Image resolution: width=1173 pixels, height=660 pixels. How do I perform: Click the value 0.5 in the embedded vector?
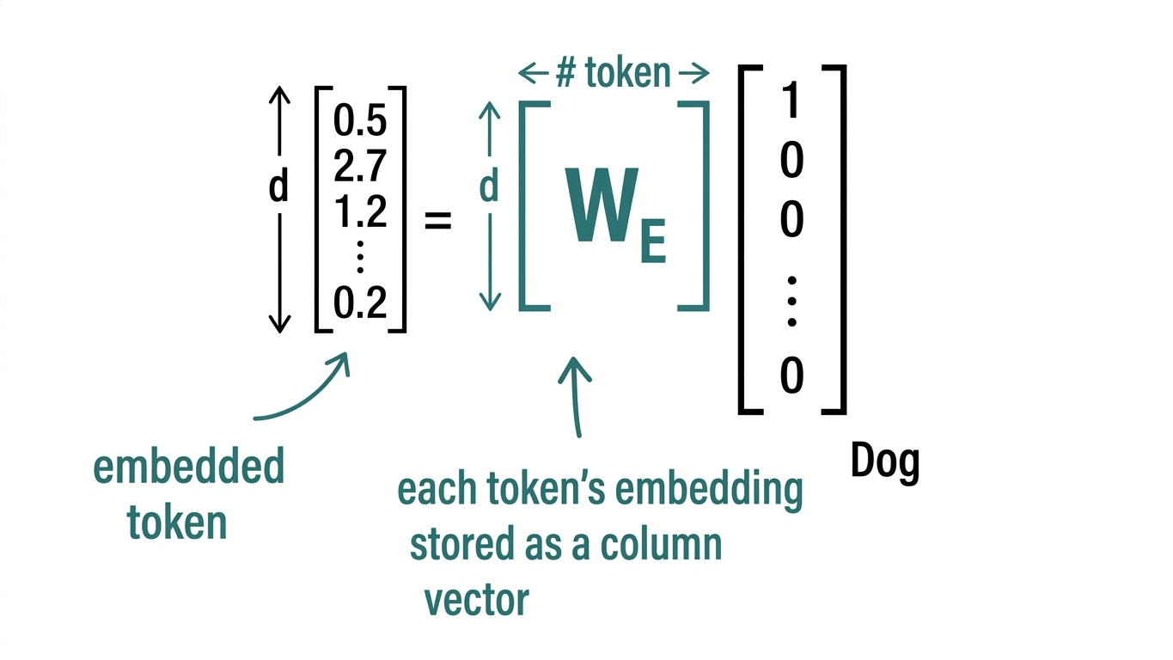(x=361, y=122)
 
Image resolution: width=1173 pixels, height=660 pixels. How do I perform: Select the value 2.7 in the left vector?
(x=361, y=166)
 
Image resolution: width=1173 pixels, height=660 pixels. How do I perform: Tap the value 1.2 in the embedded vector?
(x=361, y=211)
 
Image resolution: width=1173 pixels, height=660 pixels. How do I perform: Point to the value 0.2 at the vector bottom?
(x=361, y=303)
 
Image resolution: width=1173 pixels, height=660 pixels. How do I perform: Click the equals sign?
(x=438, y=222)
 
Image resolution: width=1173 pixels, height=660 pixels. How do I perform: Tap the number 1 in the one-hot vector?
(x=791, y=102)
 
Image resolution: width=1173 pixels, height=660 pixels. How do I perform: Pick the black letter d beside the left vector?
(x=278, y=186)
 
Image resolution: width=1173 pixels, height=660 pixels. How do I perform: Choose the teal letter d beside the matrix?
(x=489, y=186)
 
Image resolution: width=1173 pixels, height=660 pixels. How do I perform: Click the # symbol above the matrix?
(x=566, y=74)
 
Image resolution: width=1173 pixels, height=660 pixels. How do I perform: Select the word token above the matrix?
(x=628, y=74)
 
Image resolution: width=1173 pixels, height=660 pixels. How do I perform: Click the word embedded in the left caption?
(x=188, y=467)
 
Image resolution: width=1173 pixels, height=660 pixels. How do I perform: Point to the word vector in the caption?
(x=477, y=599)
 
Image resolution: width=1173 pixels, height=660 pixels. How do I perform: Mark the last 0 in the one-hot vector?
(x=791, y=376)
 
